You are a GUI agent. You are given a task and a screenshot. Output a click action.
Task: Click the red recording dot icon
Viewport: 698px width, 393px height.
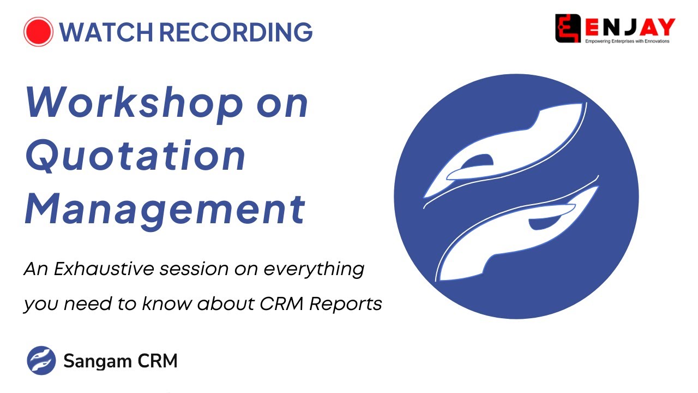tap(38, 32)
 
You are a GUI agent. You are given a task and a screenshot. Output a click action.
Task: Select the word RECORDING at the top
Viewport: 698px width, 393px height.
tap(236, 32)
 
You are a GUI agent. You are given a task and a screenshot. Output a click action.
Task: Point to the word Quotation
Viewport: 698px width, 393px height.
tap(135, 157)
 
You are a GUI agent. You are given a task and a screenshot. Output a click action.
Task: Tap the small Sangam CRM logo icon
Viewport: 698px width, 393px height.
tap(41, 361)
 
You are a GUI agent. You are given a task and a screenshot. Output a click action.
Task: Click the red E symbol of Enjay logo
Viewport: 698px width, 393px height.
tap(567, 28)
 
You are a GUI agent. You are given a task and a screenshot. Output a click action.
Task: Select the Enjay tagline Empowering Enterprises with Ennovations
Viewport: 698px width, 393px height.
tap(627, 41)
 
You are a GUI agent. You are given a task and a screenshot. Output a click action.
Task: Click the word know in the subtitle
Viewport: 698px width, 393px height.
tap(167, 304)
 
